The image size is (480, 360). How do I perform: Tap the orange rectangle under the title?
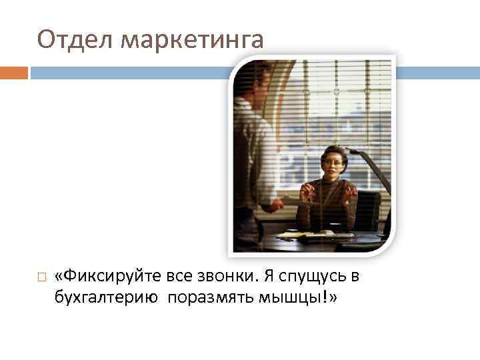click(x=14, y=72)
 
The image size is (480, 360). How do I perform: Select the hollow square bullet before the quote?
click(x=41, y=277)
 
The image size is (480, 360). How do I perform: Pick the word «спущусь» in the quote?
click(x=309, y=276)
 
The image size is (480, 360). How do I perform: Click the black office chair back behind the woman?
click(x=367, y=207)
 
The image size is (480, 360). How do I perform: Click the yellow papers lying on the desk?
click(x=293, y=235)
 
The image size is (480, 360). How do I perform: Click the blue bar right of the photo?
click(x=437, y=72)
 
